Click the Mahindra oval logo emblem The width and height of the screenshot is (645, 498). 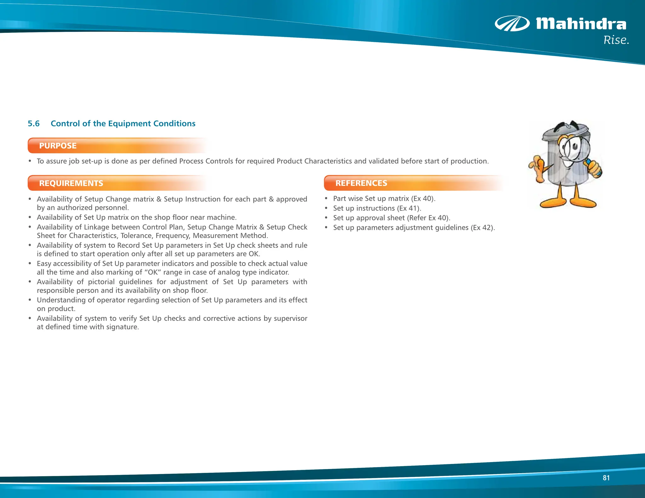click(512, 24)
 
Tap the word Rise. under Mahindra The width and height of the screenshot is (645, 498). click(616, 40)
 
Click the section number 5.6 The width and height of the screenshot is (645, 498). click(34, 123)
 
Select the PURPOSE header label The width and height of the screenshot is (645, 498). click(58, 146)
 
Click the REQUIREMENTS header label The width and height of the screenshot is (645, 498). click(71, 183)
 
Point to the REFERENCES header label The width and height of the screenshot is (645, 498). click(361, 183)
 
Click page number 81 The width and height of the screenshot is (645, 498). click(606, 478)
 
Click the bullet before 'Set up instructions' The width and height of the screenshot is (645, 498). click(326, 208)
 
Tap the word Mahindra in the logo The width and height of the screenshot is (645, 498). click(581, 24)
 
